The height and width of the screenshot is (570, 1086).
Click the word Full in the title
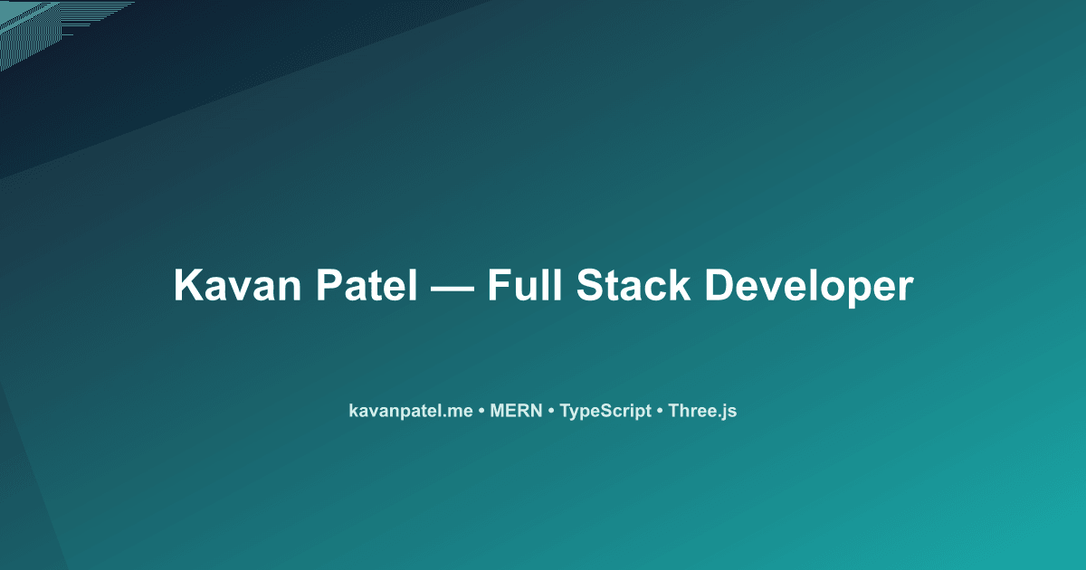tap(524, 286)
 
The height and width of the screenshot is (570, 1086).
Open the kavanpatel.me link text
tap(411, 411)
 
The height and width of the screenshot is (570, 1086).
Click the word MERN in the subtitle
tap(516, 411)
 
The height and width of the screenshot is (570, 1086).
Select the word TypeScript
tap(605, 412)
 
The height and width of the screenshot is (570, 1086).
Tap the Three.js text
tap(703, 411)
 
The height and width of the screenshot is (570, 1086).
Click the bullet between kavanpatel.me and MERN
tap(481, 412)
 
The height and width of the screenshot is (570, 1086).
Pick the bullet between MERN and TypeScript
tap(551, 412)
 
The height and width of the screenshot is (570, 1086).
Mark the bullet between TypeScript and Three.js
tap(660, 412)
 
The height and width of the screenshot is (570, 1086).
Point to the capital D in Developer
tap(719, 286)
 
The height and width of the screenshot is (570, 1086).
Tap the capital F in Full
tap(499, 286)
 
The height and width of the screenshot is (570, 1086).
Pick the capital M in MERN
tap(497, 411)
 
